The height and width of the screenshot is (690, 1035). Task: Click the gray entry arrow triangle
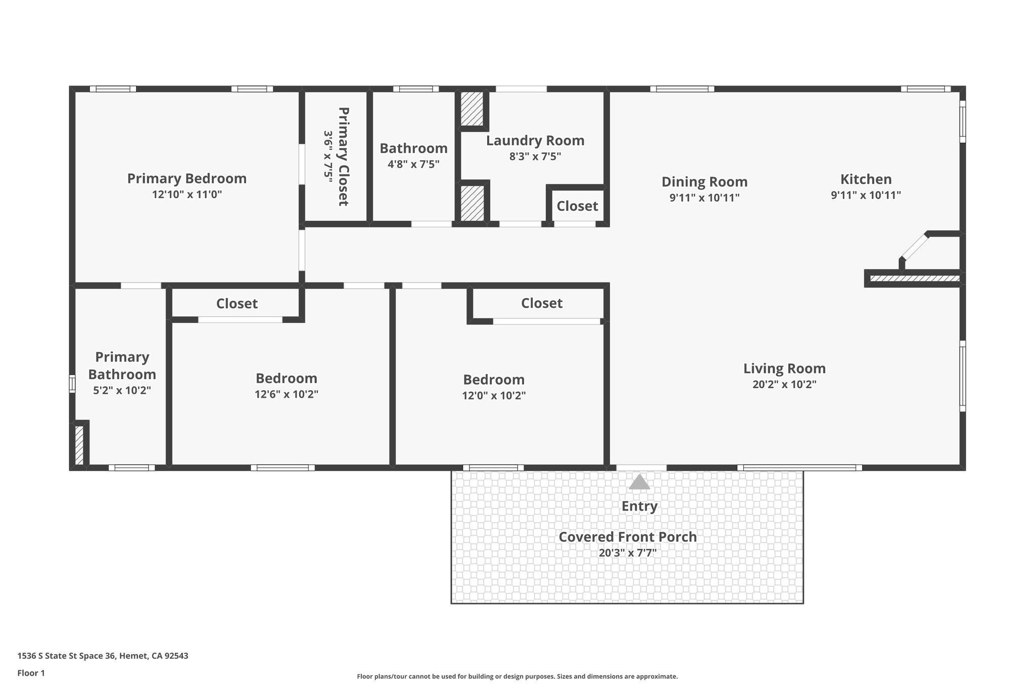639,482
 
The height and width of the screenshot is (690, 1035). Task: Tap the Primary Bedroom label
186,178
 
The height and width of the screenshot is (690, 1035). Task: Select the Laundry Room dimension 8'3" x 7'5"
535,156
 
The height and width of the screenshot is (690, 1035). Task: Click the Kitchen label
866,179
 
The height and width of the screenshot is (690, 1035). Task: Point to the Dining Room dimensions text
704,198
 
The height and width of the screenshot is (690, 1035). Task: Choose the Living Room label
784,368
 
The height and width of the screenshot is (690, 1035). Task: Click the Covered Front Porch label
627,537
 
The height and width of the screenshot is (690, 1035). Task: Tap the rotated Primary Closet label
343,156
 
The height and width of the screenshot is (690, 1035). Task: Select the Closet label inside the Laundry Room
577,206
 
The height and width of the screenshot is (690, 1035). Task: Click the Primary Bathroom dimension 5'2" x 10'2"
122,390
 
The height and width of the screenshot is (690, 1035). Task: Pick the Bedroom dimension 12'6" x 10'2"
286,394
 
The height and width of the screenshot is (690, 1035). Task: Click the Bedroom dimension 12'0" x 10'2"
493,395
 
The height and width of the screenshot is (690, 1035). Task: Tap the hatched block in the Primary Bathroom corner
79,445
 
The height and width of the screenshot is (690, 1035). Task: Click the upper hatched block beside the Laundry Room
472,109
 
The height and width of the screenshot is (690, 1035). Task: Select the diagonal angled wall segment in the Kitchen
915,248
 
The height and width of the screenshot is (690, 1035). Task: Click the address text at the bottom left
103,656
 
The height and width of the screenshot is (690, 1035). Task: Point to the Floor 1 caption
31,673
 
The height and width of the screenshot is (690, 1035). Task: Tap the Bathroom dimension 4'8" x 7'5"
413,164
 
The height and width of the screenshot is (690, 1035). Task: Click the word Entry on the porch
639,506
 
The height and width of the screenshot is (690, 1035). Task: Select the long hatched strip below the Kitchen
914,278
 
